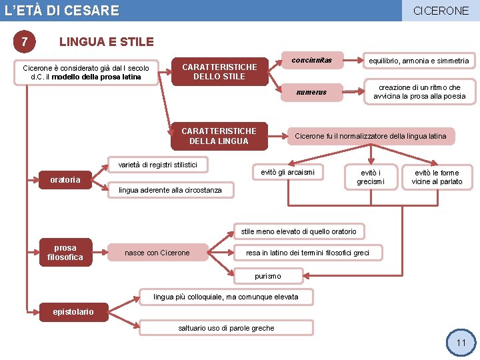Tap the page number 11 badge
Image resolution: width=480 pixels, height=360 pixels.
pos(461,343)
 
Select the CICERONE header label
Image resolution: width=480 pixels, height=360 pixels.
pos(441,11)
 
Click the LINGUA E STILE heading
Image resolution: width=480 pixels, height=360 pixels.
pos(107,42)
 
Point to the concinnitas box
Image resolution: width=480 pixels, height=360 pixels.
pos(312,61)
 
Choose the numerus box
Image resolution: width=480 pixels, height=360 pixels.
pos(312,92)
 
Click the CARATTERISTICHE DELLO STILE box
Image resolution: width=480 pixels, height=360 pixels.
pos(219,71)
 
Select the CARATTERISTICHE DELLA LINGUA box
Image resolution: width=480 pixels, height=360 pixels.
pos(219,136)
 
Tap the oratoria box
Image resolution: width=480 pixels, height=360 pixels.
pos(65,179)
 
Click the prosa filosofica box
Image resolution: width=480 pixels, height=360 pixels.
pos(65,253)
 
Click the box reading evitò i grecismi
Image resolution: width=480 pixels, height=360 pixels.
pos(371,177)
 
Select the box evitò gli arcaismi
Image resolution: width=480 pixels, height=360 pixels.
pos(288,172)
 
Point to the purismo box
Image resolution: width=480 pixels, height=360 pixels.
pos(268,276)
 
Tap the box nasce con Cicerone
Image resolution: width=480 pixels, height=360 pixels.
pos(157,253)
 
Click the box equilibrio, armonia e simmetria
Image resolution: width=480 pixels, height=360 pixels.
pos(419,61)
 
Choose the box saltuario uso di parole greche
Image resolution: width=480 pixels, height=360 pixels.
pos(226,328)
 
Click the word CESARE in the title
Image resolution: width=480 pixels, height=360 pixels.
pos(92,11)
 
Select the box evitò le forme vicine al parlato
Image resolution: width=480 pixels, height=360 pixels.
pos(437,177)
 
